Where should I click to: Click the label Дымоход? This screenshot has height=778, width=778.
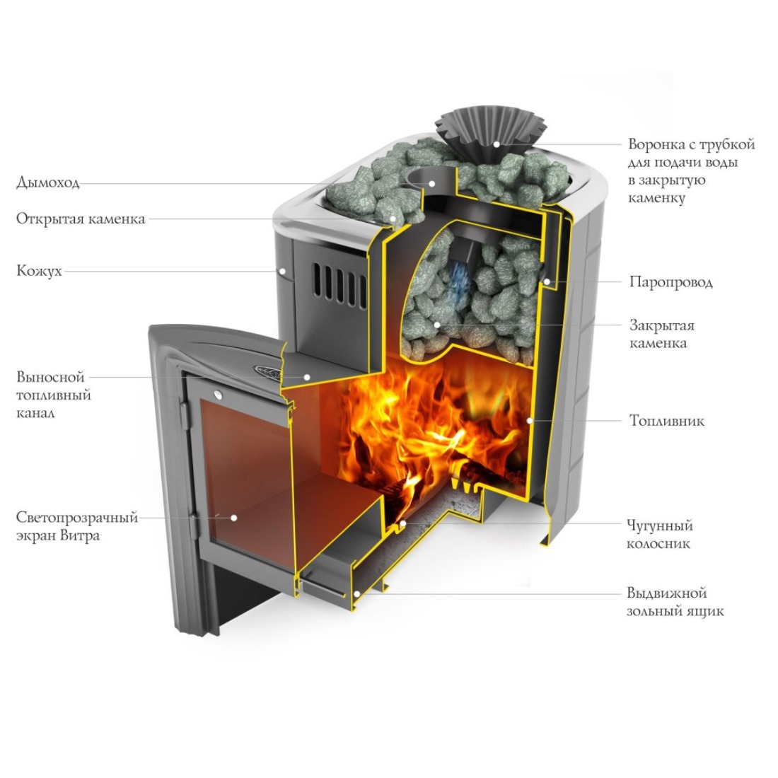(x=48, y=182)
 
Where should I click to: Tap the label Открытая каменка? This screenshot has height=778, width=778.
(x=81, y=219)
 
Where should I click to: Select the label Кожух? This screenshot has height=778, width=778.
(x=39, y=271)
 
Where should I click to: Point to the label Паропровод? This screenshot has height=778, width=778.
(x=670, y=282)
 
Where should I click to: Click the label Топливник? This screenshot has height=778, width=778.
(x=667, y=421)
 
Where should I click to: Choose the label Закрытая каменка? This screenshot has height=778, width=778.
(x=662, y=335)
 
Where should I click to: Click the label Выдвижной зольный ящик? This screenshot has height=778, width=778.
(x=666, y=602)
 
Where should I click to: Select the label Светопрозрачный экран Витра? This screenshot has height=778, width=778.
(x=76, y=526)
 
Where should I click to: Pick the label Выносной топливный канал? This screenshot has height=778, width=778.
(x=53, y=395)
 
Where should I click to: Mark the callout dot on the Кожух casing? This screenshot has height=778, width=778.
(x=281, y=270)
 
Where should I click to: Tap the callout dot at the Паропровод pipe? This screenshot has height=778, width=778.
(x=548, y=281)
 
